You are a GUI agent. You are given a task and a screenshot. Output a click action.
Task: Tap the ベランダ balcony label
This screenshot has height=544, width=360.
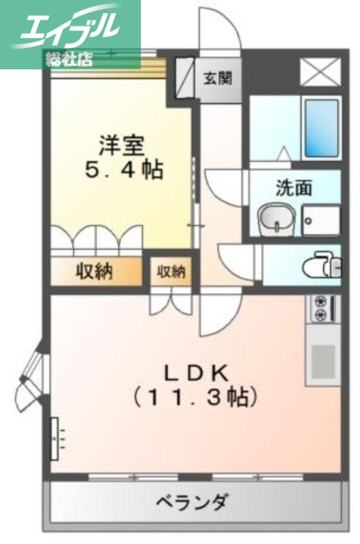(191, 504)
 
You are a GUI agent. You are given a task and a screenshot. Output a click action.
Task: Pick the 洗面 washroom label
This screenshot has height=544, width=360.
(293, 188)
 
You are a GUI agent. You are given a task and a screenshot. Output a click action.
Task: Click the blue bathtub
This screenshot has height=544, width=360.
(321, 129)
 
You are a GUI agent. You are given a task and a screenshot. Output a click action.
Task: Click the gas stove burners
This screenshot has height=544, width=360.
(321, 307)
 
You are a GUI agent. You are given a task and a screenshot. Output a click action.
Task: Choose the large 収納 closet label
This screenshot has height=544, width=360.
(94, 272)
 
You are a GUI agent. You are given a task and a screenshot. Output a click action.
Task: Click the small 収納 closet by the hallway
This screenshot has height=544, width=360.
(171, 272)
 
